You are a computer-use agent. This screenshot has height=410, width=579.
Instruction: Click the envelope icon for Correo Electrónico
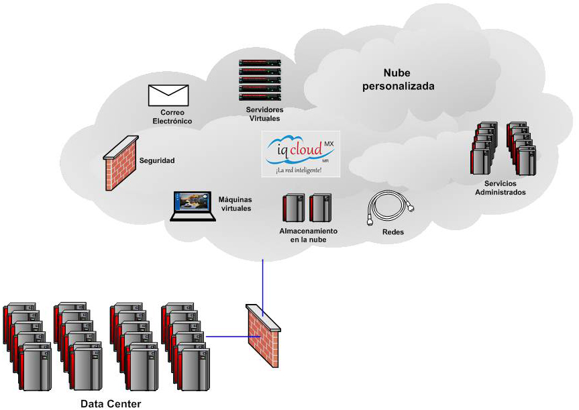168,95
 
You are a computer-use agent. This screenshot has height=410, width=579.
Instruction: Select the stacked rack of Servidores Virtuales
260,80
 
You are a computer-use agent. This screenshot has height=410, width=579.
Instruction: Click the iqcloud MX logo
301,150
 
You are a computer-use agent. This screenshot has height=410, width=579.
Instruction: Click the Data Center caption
111,403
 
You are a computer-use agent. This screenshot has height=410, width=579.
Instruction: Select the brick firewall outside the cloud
263,335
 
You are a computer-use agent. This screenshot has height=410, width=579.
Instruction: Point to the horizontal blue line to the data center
227,336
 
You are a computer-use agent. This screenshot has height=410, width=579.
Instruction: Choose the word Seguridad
157,161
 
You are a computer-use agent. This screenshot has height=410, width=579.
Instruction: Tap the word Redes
392,232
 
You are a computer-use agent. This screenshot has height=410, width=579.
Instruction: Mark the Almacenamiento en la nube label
309,235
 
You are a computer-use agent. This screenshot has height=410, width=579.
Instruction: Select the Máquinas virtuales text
235,204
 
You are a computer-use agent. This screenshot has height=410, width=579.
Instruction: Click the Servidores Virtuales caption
264,114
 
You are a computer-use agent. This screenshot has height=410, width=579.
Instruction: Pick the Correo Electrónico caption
172,117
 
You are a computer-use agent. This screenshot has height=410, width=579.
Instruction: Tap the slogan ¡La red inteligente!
299,170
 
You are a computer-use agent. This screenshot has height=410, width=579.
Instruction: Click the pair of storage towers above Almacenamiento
307,208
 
